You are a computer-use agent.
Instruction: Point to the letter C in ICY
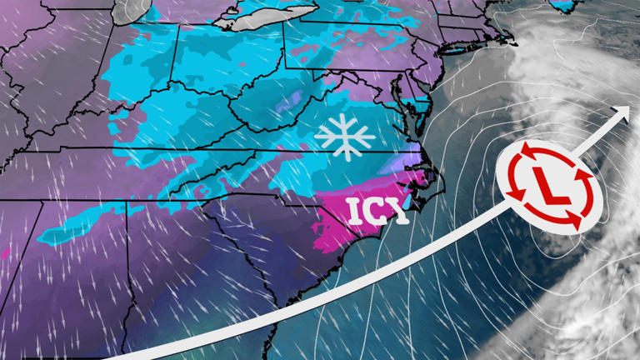pyautogui.click(x=377, y=212)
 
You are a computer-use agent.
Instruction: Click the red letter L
pyautogui.click(x=547, y=186)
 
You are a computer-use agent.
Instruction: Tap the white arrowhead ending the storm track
pyautogui.click(x=621, y=113)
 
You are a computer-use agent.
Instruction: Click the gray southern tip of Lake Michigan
pyautogui.click(x=127, y=12)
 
